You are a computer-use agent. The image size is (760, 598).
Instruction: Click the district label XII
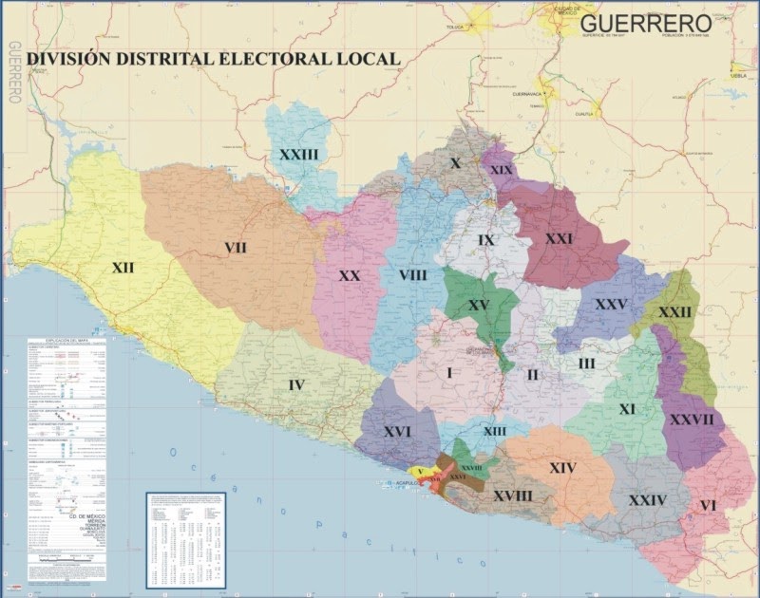123,269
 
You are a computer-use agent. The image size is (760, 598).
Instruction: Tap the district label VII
236,248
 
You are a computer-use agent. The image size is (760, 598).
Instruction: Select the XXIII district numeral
298,154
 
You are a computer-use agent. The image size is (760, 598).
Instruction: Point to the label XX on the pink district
350,275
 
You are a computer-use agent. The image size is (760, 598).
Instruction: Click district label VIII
413,275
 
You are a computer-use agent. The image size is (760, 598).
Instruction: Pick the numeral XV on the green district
478,305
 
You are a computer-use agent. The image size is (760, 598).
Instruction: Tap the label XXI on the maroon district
559,239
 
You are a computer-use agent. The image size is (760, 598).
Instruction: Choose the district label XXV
611,305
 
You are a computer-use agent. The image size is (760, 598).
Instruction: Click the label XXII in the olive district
675,312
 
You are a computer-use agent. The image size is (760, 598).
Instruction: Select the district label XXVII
691,419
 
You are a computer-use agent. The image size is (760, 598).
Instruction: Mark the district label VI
708,506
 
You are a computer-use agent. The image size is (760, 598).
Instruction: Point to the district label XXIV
647,500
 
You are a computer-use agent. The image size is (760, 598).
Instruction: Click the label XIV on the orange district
562,467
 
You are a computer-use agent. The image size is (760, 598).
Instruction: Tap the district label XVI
398,432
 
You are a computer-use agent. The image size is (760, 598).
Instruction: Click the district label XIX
503,170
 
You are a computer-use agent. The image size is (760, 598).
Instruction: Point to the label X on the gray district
455,163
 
